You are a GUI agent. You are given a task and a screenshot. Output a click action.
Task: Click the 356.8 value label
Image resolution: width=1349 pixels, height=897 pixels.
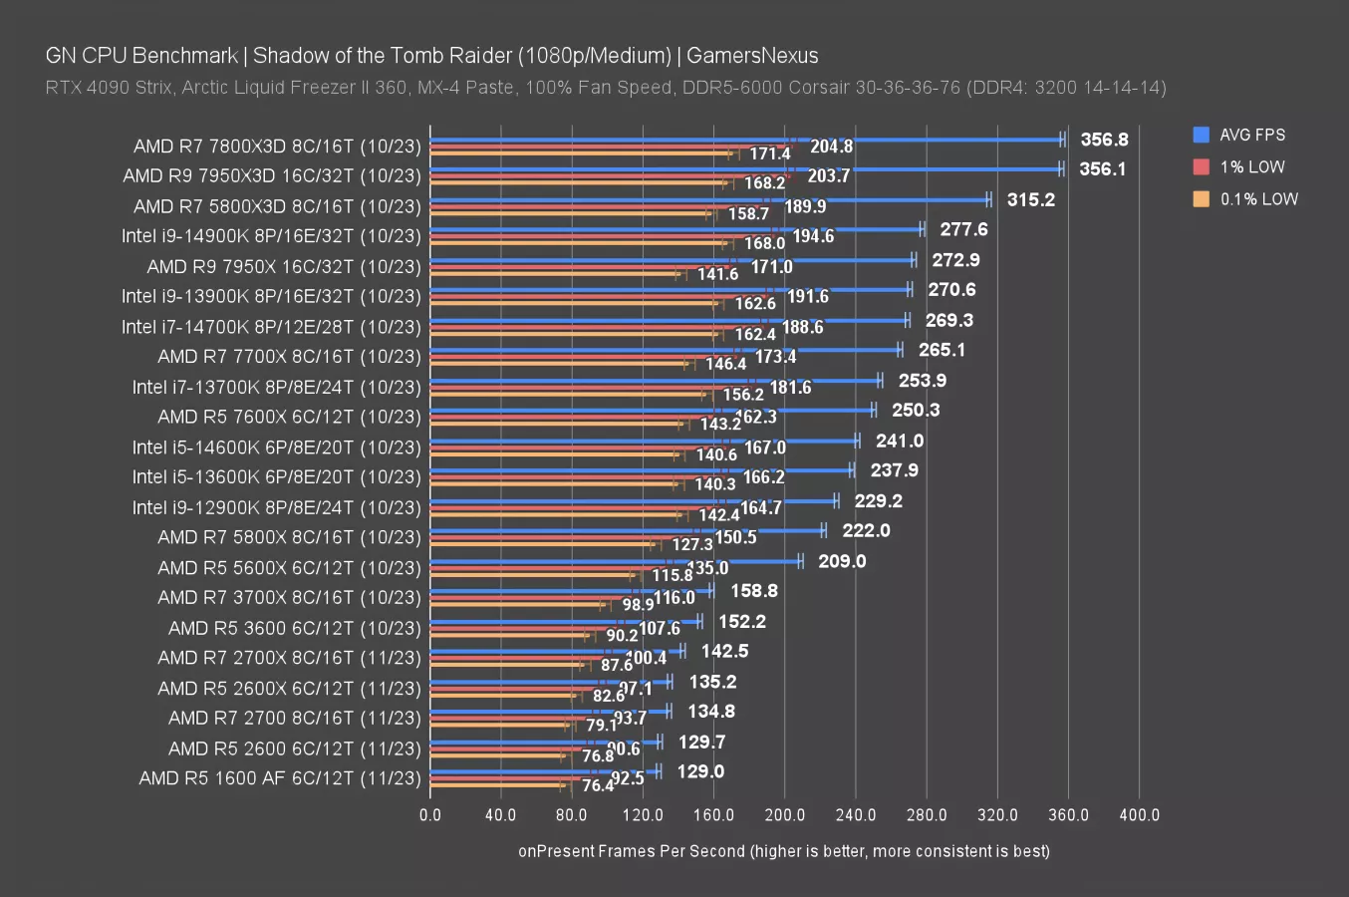[1104, 140]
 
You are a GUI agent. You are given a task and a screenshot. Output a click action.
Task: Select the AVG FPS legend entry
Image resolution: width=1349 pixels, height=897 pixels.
[1251, 135]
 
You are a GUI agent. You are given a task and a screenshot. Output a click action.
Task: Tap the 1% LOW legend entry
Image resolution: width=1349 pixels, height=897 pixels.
[1251, 166]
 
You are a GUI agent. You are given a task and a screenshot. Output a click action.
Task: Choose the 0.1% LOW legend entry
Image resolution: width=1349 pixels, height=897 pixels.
[1258, 198]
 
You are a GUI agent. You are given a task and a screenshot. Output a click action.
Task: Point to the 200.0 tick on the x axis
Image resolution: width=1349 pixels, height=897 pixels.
[784, 814]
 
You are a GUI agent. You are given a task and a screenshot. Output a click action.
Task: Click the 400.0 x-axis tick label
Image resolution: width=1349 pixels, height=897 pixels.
[1139, 814]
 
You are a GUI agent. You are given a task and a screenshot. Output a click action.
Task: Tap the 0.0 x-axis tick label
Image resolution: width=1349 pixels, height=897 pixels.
[430, 814]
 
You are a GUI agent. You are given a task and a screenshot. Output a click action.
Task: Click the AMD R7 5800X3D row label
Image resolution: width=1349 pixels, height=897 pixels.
[277, 206]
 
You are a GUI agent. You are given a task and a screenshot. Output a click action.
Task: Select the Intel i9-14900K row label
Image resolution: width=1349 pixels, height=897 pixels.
[271, 236]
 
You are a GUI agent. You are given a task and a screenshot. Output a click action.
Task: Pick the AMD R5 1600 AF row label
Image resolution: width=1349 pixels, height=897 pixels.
[280, 778]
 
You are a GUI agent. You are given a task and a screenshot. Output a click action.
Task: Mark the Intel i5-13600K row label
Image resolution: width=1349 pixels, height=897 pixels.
[277, 477]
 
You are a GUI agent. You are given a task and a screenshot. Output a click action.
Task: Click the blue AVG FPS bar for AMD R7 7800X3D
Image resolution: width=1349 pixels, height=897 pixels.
[747, 140]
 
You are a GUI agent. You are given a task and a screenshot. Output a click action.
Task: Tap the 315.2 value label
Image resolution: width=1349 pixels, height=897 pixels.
[1030, 199]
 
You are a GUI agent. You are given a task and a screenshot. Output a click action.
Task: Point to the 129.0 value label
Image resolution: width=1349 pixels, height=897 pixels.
[700, 771]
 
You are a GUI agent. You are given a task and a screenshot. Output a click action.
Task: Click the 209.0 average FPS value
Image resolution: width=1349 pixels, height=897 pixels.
[842, 561]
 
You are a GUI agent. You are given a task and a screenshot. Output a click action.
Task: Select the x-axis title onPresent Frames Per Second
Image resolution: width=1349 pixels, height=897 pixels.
[783, 851]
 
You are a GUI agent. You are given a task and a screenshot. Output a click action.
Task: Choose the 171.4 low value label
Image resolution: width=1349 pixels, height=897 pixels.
[770, 153]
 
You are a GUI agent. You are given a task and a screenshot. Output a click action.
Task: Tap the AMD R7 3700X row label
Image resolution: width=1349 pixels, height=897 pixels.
[289, 598]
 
